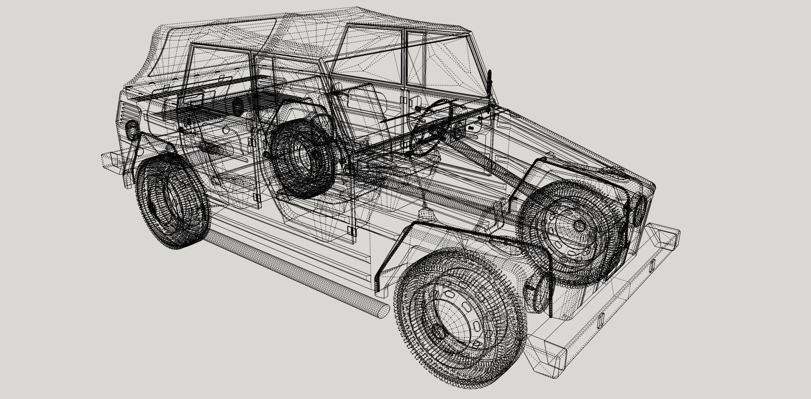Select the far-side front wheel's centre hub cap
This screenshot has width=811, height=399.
coord(579,226)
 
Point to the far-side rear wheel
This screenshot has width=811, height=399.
coord(301,159)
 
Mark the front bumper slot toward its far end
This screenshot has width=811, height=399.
coord(653,264)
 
